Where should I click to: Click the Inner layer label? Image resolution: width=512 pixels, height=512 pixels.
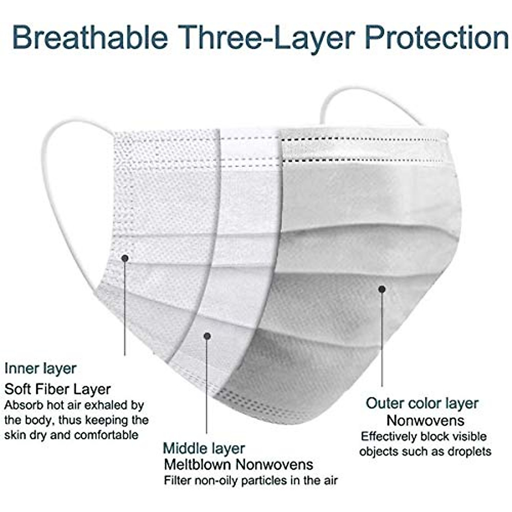(x=41, y=368)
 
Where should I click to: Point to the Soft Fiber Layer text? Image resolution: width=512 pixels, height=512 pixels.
(x=58, y=389)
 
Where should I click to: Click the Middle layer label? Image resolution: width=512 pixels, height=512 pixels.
(x=204, y=448)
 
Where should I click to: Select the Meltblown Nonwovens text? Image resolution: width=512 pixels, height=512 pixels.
(x=239, y=464)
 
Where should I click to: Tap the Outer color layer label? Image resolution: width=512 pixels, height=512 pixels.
(x=422, y=403)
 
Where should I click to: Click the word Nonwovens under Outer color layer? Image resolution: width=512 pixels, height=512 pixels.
(x=425, y=421)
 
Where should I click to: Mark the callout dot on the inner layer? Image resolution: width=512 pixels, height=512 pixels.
(x=125, y=258)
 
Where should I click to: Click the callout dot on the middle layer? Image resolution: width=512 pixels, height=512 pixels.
(x=207, y=336)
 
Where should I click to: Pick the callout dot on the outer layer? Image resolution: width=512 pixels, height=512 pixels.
(x=382, y=289)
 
